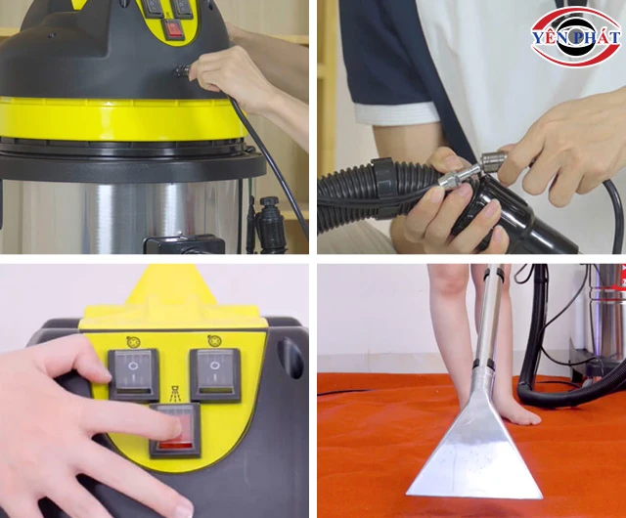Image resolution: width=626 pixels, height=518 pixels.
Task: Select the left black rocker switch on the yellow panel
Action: click(133, 373)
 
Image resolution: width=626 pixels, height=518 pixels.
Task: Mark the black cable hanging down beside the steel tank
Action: click(284, 186)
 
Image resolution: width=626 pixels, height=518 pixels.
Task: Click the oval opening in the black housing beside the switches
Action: click(290, 357)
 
